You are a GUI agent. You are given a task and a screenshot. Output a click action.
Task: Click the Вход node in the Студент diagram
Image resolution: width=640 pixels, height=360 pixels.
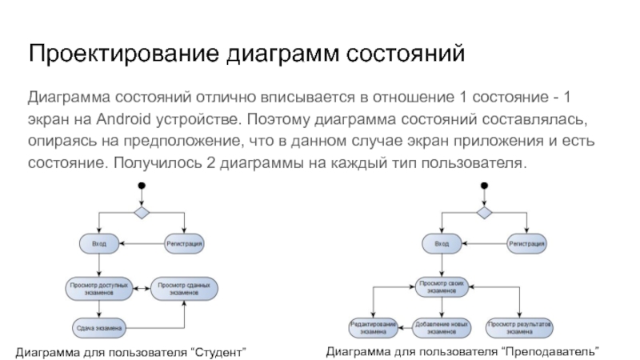click(99, 243)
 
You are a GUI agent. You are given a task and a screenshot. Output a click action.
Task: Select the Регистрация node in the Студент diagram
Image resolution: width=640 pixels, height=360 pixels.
click(184, 243)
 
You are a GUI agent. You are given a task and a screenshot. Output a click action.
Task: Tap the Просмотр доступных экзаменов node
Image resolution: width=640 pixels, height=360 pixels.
click(99, 288)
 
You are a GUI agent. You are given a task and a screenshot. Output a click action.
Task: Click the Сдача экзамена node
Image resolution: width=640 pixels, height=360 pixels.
click(99, 328)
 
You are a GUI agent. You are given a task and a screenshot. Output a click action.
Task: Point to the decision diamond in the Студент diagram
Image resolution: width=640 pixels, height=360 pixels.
click(142, 213)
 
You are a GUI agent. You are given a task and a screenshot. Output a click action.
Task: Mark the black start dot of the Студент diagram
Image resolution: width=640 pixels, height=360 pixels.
click(142, 188)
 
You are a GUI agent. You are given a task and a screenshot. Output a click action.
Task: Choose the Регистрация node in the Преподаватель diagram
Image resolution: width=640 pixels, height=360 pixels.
click(527, 243)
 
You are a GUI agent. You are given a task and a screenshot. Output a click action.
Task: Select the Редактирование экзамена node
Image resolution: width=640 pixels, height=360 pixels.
click(373, 327)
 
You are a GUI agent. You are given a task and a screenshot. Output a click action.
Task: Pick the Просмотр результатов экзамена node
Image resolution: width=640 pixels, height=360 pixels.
click(521, 327)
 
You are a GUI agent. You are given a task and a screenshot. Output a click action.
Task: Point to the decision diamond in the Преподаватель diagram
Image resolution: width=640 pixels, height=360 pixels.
click(484, 213)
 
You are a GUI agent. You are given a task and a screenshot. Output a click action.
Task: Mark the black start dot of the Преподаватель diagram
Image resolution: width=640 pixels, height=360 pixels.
click(484, 188)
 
